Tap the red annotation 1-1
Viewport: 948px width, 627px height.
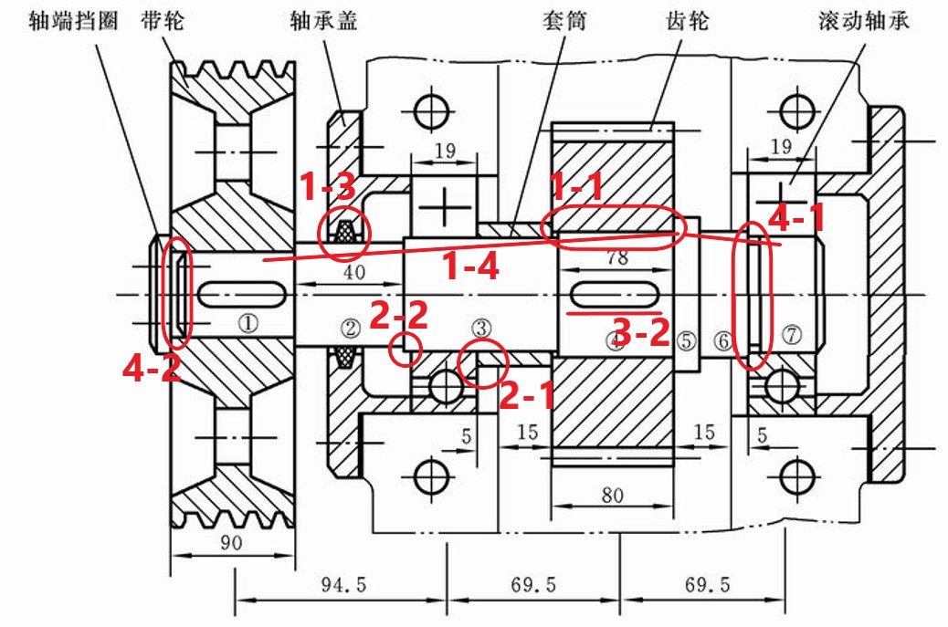576,187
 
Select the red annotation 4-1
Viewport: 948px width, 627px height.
797,219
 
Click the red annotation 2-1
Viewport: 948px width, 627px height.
526,394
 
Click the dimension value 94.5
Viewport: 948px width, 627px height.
341,586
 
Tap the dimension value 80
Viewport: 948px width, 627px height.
612,496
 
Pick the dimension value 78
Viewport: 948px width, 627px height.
617,257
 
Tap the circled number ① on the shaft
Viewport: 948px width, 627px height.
248,322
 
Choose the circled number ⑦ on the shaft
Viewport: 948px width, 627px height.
791,337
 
